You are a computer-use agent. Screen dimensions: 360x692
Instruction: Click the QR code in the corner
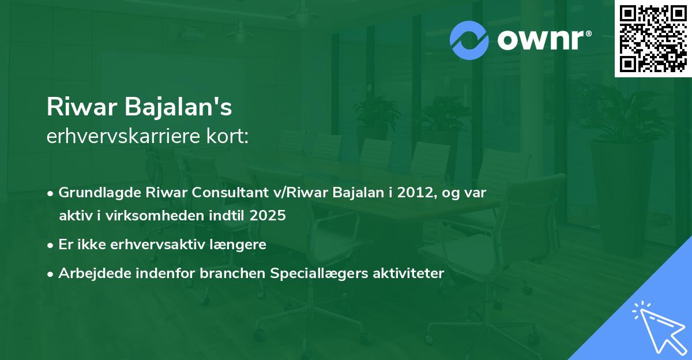coord(653,39)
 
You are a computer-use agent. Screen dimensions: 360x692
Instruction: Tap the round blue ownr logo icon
coord(469,40)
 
